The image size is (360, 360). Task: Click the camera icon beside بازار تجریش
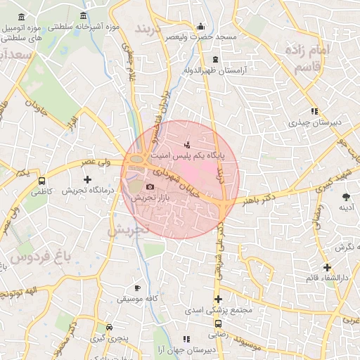click(150, 186)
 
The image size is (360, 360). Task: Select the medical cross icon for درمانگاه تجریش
click(86, 180)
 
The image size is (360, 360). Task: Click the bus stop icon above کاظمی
click(42, 180)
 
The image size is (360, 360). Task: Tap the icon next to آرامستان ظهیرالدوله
click(214, 59)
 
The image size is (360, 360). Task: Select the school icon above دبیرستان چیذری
click(314, 111)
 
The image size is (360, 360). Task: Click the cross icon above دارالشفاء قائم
click(327, 267)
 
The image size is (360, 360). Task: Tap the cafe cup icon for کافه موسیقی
click(137, 288)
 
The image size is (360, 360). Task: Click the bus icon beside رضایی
click(218, 324)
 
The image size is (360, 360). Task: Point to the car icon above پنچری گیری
click(109, 328)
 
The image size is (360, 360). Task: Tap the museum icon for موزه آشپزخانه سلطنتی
click(84, 16)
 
